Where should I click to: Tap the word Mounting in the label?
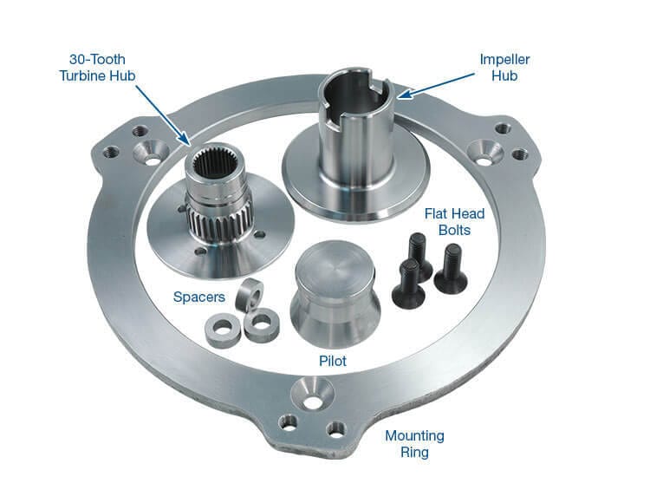(415, 435)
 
